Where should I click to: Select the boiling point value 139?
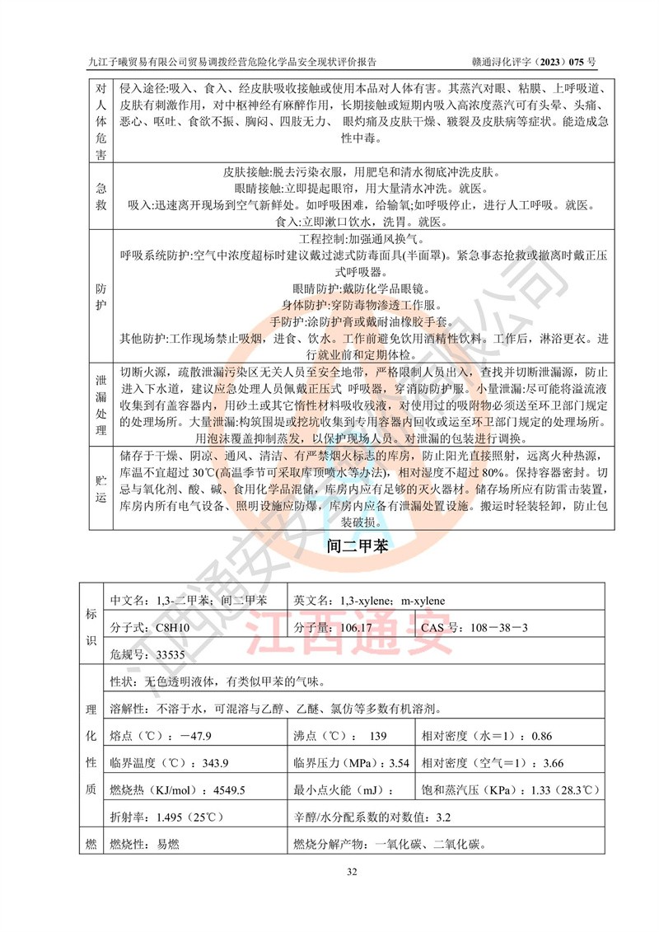click(x=378, y=736)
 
